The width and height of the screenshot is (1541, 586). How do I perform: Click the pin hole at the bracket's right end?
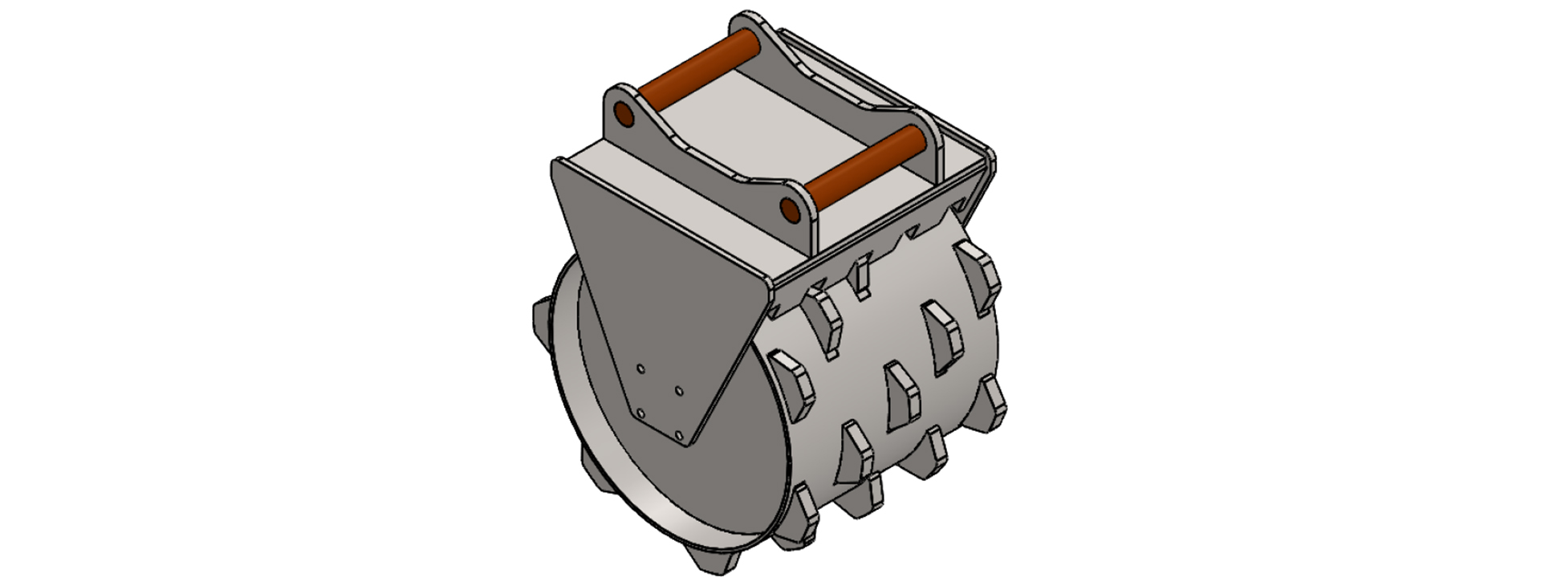pyautogui.click(x=790, y=210)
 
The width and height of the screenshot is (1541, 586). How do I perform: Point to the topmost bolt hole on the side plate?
pyautogui.click(x=640, y=368)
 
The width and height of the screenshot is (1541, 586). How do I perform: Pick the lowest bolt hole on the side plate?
pyautogui.click(x=680, y=434)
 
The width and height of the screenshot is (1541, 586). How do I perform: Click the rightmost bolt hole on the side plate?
pyautogui.click(x=679, y=390)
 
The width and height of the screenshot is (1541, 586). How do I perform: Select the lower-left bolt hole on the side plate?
pyautogui.click(x=640, y=413)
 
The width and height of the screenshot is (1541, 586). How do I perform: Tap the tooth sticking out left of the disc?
pyautogui.click(x=541, y=317)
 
